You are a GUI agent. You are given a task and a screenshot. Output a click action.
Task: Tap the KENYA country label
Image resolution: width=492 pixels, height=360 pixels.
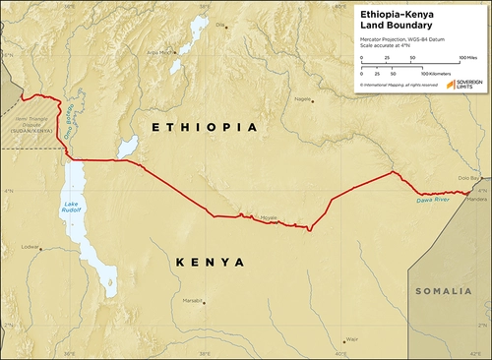coord(211,262)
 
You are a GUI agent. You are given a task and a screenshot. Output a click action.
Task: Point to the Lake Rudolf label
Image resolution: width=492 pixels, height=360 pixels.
coord(62,209)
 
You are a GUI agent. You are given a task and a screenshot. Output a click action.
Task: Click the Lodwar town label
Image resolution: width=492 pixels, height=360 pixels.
coord(31,247)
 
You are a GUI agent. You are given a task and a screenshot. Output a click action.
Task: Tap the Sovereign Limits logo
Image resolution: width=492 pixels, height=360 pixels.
coord(463,85)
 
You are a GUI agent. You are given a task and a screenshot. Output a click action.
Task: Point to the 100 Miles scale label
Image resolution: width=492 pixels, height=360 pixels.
coord(467,59)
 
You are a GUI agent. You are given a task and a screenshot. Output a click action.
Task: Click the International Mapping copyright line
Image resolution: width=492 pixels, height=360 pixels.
coord(399,85)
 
